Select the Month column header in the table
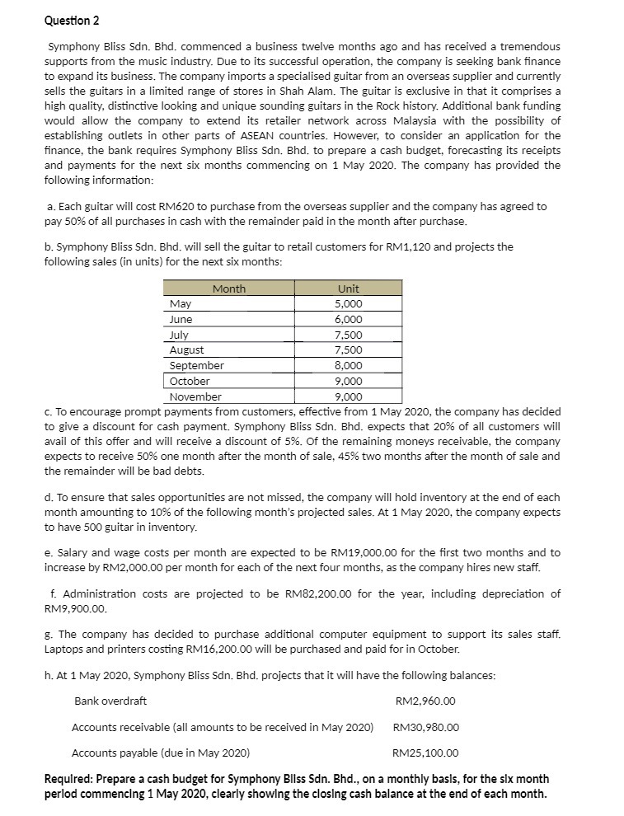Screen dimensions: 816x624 pyautogui.click(x=228, y=288)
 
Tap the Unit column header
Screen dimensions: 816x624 pyautogui.click(x=348, y=288)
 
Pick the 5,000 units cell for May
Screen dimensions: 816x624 pyautogui.click(x=348, y=304)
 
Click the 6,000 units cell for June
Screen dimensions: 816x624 pyautogui.click(x=348, y=320)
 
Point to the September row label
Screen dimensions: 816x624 pyautogui.click(x=196, y=366)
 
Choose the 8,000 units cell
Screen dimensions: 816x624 pyautogui.click(x=348, y=366)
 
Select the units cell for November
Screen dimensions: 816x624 pyautogui.click(x=348, y=396)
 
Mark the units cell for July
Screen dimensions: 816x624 pyautogui.click(x=348, y=335)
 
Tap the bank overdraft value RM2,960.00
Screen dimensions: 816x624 pyautogui.click(x=425, y=701)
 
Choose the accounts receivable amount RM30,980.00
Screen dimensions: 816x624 pyautogui.click(x=426, y=727)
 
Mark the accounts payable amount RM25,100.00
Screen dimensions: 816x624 pyautogui.click(x=425, y=753)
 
